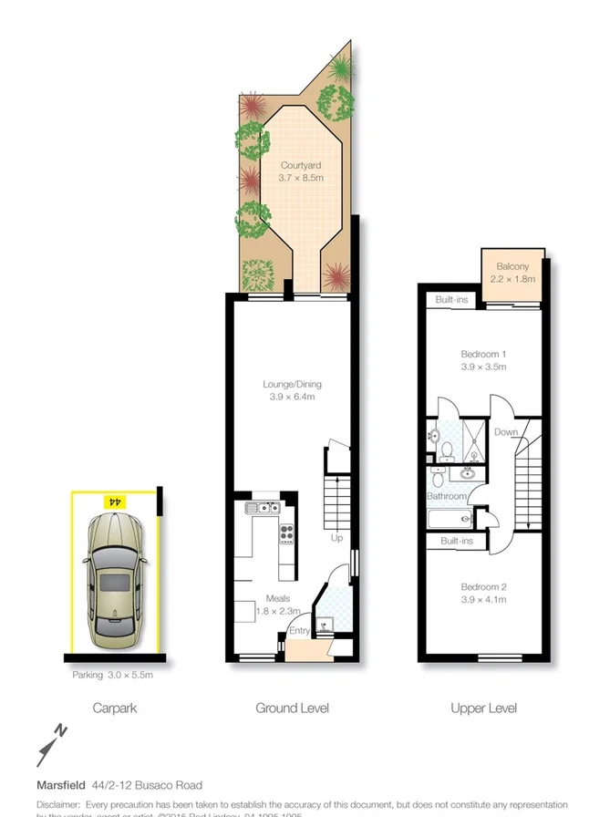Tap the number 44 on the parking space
coord(115,502)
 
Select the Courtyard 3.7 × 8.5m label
coord(301,172)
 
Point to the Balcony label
coord(512,273)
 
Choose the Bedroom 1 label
coord(483,360)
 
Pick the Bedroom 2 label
coord(483,593)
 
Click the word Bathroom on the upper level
coord(447,496)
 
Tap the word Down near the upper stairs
coord(506,432)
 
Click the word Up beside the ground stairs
coord(336,538)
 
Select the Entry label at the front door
coord(299,631)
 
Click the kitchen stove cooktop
coord(286,535)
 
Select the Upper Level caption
coord(483,708)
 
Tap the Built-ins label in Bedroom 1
coord(453,299)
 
